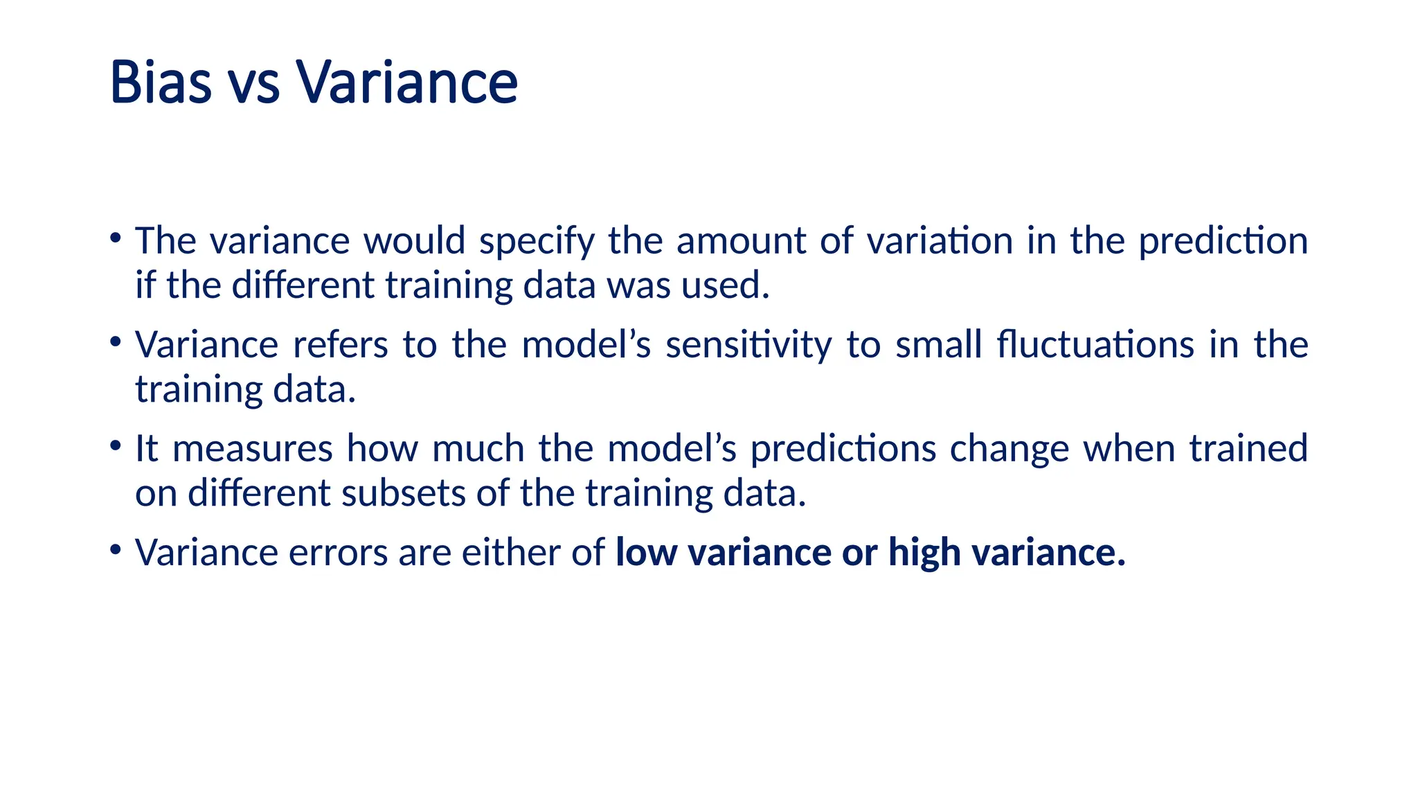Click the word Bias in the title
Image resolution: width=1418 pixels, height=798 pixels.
click(x=161, y=82)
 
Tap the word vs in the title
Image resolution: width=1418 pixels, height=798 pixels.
click(x=253, y=84)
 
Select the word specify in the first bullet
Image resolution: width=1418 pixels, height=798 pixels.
click(x=537, y=242)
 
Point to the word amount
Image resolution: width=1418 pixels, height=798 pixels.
click(x=741, y=241)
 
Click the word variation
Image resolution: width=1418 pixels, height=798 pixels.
click(x=940, y=241)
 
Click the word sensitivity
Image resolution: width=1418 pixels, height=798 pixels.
click(x=748, y=345)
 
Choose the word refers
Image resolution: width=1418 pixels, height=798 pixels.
click(x=340, y=344)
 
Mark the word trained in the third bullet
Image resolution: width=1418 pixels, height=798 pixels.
click(x=1248, y=448)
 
